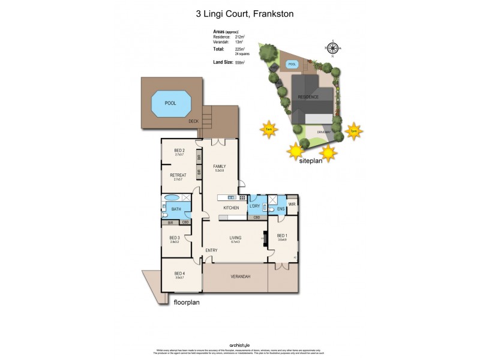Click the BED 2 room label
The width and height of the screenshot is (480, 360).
(x=179, y=150)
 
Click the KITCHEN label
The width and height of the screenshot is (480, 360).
(x=232, y=208)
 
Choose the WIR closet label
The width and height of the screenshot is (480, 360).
(x=292, y=205)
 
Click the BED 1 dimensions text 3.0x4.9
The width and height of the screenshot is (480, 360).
(x=282, y=240)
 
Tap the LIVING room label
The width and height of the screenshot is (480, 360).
(x=235, y=238)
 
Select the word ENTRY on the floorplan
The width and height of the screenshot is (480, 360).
(x=211, y=250)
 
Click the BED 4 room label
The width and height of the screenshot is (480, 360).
(x=179, y=273)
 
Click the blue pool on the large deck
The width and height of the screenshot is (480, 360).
(x=172, y=104)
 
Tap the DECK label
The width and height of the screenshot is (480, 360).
(x=193, y=121)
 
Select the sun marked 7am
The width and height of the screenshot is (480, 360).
(x=268, y=129)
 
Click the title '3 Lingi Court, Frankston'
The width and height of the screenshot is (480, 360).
(x=240, y=13)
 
